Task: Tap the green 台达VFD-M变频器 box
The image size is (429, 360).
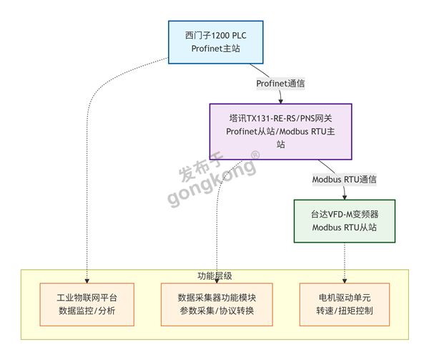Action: click(344, 220)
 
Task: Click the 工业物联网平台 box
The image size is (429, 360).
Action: click(87, 304)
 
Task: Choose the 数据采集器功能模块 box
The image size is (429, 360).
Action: click(217, 304)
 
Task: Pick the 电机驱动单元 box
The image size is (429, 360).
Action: click(345, 304)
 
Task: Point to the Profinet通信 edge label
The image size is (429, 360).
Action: click(280, 83)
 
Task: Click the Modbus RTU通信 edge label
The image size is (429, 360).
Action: click(344, 179)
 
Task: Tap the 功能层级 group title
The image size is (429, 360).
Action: click(214, 276)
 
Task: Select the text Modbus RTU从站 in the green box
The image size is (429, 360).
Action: click(344, 228)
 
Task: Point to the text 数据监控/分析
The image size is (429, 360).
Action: click(87, 311)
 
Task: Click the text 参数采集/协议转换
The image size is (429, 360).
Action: click(217, 311)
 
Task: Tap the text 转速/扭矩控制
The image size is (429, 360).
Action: click(345, 311)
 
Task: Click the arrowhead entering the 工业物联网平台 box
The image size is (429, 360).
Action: click(87, 281)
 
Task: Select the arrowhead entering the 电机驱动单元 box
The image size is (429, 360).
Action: click(345, 281)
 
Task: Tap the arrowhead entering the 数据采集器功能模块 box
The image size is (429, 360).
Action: click(217, 281)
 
